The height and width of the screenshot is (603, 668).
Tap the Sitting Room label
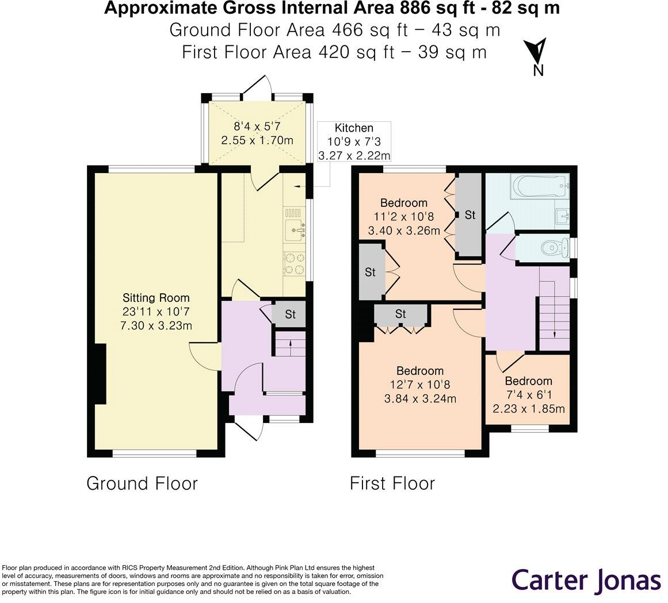click(x=156, y=298)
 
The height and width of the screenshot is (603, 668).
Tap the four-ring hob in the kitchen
click(x=295, y=263)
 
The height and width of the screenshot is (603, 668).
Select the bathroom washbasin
click(x=563, y=216)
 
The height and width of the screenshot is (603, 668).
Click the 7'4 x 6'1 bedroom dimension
click(x=529, y=395)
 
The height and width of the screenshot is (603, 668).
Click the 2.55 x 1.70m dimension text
click(x=257, y=140)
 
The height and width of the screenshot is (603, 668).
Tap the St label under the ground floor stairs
click(x=290, y=314)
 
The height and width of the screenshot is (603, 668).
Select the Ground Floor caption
click(x=142, y=484)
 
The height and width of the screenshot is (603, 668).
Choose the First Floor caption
click(x=392, y=484)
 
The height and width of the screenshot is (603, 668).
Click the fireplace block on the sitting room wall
click(x=100, y=374)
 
